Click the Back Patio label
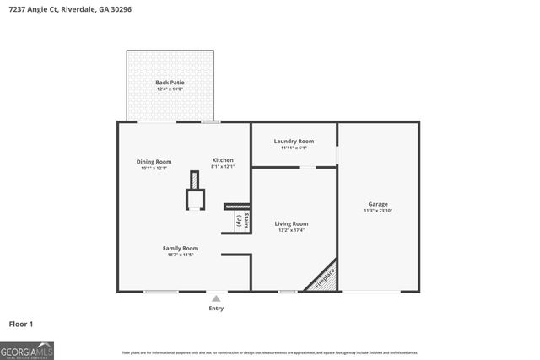tap(170, 83)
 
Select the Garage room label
tap(377, 204)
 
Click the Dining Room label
tap(154, 161)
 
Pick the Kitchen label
tap(223, 160)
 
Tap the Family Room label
tap(181, 248)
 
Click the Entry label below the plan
tap(217, 309)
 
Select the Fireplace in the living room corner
tap(324, 277)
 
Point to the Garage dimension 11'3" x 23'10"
tap(377, 211)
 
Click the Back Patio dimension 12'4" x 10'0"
tap(170, 89)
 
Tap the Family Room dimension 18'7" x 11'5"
tap(181, 255)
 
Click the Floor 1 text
tap(21, 324)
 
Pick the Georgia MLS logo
tap(27, 349)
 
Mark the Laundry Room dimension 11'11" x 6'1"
tap(294, 148)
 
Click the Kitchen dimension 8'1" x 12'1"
tap(223, 167)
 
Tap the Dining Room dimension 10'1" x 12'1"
tap(154, 168)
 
